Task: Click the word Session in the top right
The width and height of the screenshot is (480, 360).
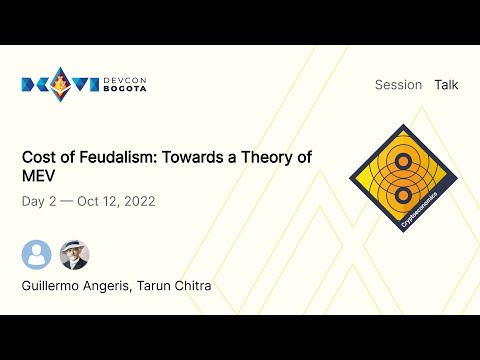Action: pyautogui.click(x=398, y=85)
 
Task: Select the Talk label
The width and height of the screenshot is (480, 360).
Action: pyautogui.click(x=446, y=85)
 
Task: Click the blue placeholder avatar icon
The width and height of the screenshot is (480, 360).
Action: pyautogui.click(x=36, y=255)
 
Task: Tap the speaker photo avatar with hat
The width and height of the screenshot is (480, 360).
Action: pyautogui.click(x=74, y=255)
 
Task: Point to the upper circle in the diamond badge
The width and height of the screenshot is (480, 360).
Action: pyautogui.click(x=404, y=162)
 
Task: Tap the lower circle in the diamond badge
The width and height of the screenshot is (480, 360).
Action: pyautogui.click(x=404, y=193)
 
